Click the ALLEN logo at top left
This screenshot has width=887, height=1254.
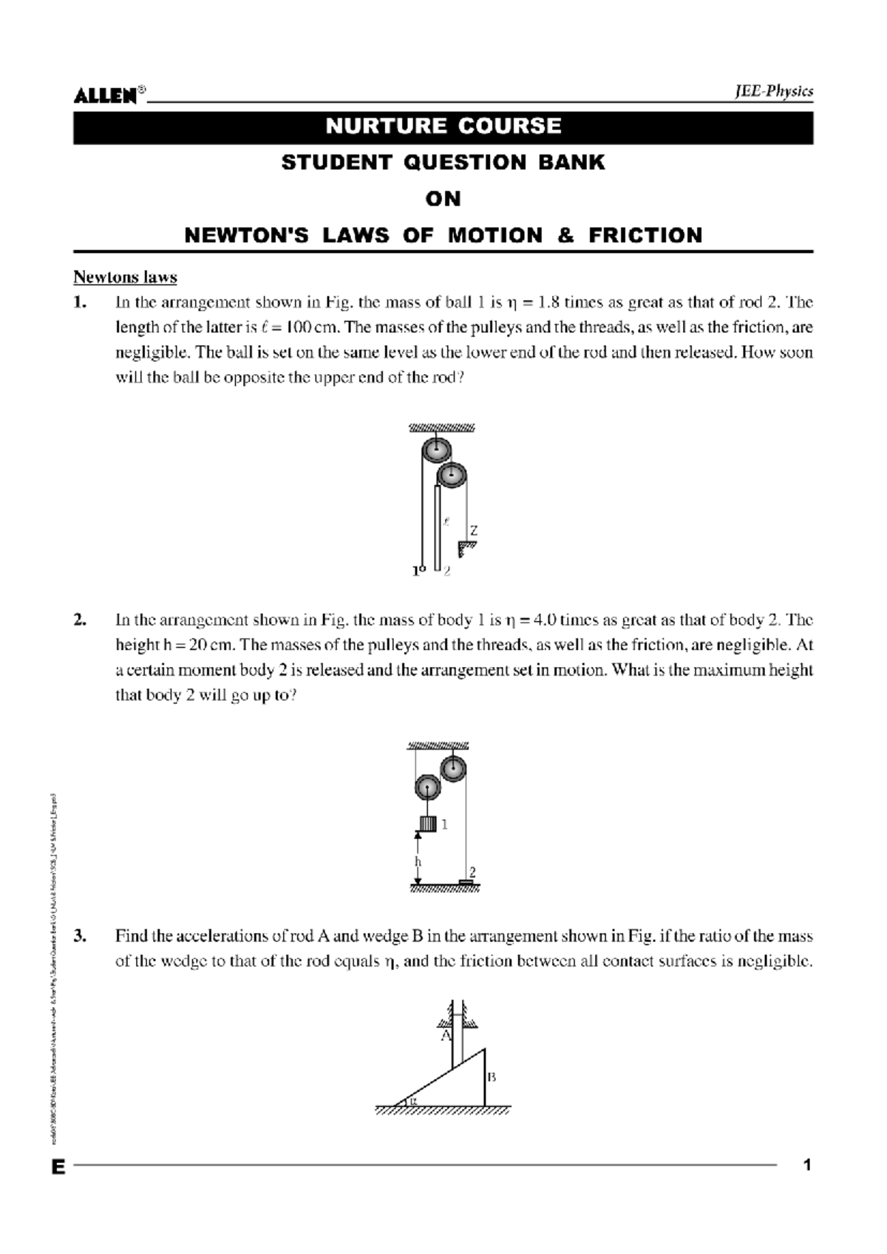105,95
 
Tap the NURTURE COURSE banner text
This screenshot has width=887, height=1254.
443,126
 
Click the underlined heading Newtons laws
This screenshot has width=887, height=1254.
125,277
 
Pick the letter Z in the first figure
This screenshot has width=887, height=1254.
474,531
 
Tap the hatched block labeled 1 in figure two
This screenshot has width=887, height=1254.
428,823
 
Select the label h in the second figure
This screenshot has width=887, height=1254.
418,861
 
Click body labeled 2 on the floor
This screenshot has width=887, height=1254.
467,881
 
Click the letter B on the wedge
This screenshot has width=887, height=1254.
492,1077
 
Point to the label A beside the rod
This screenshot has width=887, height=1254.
446,1036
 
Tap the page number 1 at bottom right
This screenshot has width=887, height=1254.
807,1165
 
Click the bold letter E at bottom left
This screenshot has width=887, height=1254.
58,1167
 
